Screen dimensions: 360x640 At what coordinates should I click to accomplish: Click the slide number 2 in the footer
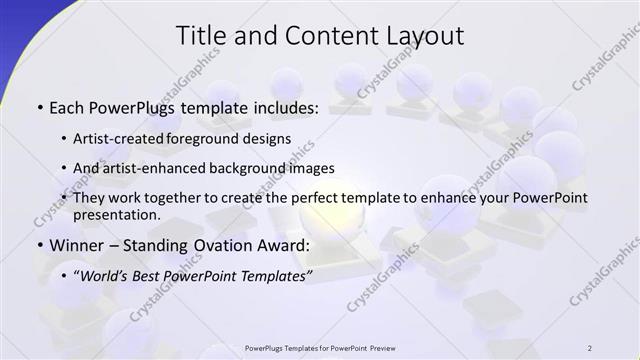click(x=591, y=348)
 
